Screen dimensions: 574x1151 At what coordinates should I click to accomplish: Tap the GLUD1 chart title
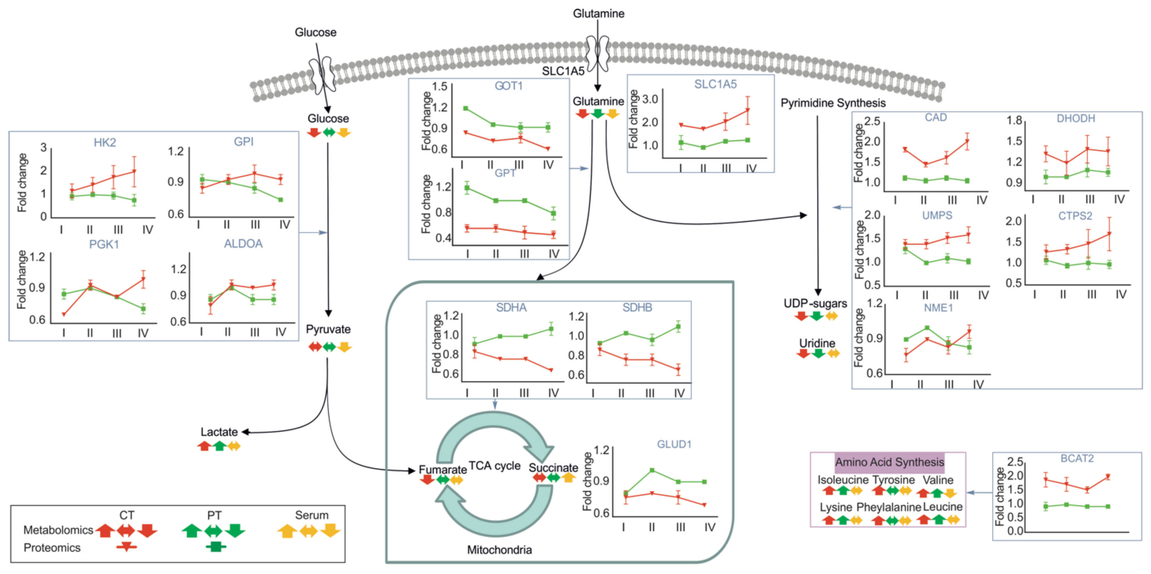tap(674, 444)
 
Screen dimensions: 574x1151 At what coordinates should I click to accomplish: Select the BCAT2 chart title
tap(1077, 458)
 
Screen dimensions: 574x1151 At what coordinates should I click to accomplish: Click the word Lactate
tap(219, 432)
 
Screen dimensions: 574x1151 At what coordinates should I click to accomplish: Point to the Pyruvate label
tap(328, 329)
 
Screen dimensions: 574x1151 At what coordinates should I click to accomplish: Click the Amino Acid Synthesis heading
tap(889, 462)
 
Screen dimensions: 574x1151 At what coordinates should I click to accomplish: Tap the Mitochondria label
tap(499, 549)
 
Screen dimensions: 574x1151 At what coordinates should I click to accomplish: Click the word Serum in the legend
tap(311, 515)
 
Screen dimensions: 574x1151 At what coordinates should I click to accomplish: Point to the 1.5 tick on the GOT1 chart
tap(440, 86)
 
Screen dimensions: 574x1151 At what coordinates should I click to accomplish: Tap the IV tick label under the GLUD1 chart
tap(710, 527)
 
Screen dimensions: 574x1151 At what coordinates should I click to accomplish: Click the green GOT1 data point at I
tap(465, 108)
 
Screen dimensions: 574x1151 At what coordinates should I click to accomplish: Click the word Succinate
tap(553, 468)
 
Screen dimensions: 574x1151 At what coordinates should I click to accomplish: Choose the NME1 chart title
tap(938, 308)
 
